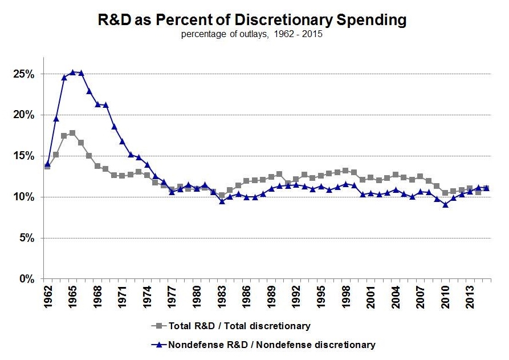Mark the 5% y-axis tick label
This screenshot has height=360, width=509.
[x=29, y=238]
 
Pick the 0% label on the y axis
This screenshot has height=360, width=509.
[x=29, y=280]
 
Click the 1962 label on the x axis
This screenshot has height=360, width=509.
[x=47, y=297]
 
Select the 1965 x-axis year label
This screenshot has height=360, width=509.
[x=72, y=297]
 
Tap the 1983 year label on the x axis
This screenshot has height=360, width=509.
[x=222, y=297]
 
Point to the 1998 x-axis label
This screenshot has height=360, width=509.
[x=346, y=297]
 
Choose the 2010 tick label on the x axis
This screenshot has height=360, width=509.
[x=445, y=297]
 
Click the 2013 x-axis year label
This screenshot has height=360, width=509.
[x=470, y=297]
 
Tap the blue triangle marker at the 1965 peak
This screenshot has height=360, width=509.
[x=72, y=72]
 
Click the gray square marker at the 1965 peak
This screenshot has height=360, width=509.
[x=72, y=133]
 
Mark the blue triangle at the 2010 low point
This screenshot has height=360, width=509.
[x=445, y=204]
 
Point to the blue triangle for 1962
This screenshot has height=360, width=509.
[x=47, y=164]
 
